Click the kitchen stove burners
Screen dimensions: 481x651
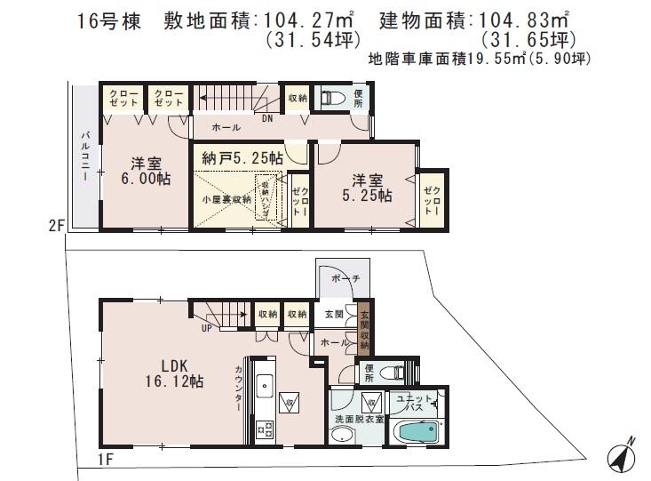click(x=263, y=429)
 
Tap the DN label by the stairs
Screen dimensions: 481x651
click(x=267, y=117)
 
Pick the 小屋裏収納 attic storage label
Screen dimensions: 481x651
click(x=226, y=200)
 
